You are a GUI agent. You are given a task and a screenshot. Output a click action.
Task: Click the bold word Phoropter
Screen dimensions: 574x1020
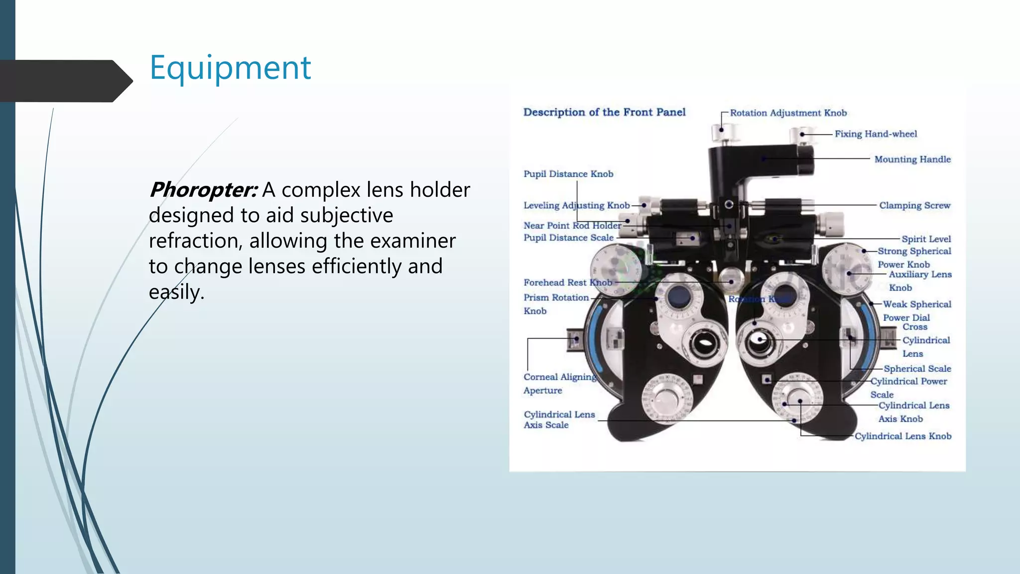203,190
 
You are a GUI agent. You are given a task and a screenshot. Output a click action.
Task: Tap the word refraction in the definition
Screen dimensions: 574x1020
195,241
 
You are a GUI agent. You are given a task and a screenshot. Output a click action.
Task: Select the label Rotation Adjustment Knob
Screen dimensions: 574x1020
788,113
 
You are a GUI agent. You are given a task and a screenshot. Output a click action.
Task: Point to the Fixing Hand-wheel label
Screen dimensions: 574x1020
876,134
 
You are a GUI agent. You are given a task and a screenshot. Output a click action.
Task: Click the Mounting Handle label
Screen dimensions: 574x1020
912,159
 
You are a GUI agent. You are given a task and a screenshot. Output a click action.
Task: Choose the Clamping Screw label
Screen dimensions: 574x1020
914,205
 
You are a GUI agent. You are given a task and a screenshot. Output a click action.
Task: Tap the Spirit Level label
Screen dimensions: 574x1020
926,239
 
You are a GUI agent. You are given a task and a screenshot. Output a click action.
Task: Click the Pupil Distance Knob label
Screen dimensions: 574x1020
568,174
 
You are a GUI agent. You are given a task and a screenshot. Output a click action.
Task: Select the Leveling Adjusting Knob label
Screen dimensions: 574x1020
576,205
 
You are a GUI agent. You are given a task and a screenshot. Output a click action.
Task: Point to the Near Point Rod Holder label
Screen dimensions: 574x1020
572,226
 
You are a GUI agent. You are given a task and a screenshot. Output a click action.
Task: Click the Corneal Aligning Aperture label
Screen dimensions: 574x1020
559,383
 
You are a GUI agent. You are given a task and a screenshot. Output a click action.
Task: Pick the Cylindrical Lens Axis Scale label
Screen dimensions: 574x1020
559,420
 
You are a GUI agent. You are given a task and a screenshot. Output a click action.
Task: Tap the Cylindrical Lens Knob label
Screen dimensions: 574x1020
903,436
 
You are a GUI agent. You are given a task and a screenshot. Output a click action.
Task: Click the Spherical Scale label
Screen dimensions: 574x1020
917,369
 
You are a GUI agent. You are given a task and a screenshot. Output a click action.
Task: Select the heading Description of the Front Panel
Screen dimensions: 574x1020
604,112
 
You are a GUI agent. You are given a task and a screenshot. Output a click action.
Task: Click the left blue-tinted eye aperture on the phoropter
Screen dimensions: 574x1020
678,297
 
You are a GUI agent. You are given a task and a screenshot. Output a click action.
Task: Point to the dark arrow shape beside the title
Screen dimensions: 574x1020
65,81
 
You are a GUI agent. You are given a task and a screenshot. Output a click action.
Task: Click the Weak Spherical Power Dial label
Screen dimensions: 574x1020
916,310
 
